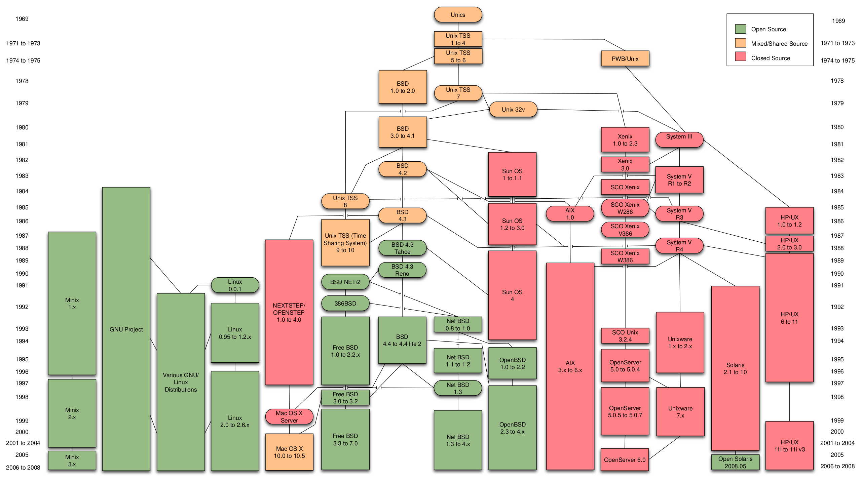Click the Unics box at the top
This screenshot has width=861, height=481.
tap(458, 15)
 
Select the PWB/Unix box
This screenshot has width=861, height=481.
tap(625, 59)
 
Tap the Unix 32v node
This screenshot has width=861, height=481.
tap(513, 110)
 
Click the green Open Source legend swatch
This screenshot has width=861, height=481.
tap(740, 29)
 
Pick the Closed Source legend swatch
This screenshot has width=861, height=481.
tap(740, 57)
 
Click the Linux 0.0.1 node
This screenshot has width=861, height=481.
tap(235, 285)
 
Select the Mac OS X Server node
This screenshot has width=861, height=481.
tap(289, 416)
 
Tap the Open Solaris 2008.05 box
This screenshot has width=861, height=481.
tap(735, 462)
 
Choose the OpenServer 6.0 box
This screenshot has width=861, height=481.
tap(625, 459)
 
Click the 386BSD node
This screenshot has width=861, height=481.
tap(345, 304)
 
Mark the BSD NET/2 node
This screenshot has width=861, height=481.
tap(345, 282)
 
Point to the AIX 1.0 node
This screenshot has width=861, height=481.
tap(570, 214)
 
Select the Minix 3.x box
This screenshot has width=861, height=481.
tap(72, 460)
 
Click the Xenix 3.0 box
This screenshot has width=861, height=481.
tap(625, 165)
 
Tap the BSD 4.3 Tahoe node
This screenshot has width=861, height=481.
tap(402, 248)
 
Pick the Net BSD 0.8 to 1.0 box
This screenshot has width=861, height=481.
tap(458, 324)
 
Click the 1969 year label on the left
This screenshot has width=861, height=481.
tap(22, 19)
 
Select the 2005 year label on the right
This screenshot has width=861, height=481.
tap(837, 455)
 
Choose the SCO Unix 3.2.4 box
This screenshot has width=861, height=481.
tap(625, 336)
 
